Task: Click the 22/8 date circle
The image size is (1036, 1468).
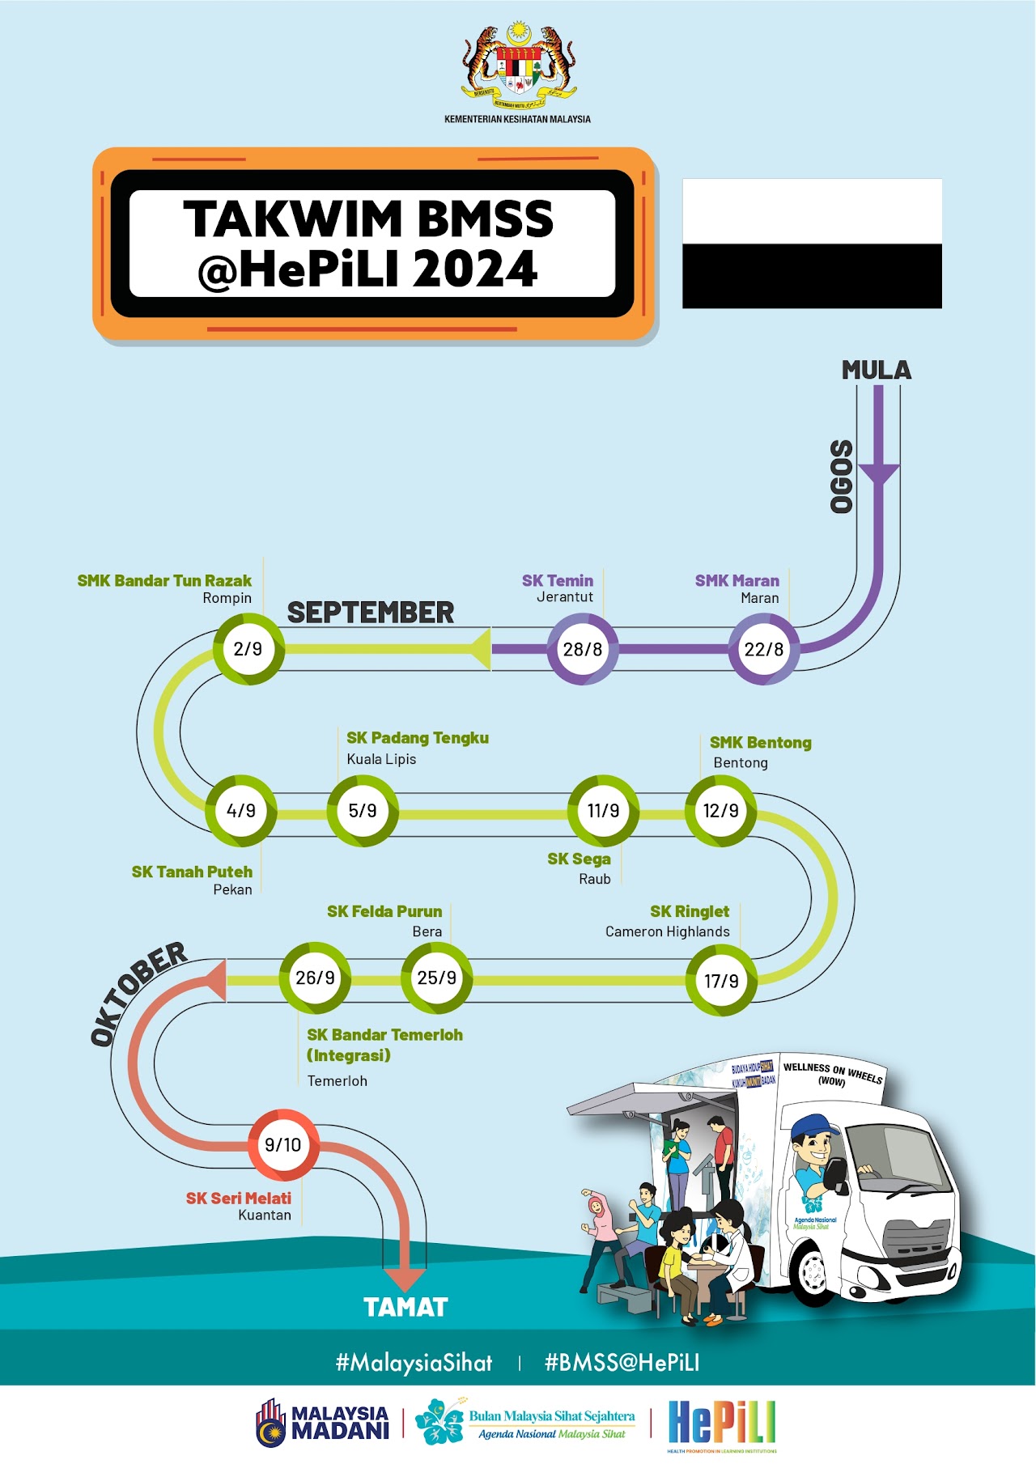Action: (764, 649)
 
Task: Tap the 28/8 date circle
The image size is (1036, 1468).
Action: (583, 649)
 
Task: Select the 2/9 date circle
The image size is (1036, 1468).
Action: (248, 649)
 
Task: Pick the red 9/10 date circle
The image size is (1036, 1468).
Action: (283, 1144)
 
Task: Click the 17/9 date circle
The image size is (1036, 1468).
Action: (721, 981)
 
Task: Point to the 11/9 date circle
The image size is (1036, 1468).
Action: (604, 811)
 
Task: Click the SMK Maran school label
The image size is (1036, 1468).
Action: (737, 580)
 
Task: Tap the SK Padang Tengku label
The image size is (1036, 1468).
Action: (418, 738)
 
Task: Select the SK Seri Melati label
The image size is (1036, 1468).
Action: (239, 1198)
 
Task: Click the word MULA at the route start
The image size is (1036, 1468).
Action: (877, 371)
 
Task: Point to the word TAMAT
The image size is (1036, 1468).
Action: (405, 1308)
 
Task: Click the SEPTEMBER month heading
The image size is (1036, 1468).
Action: (371, 613)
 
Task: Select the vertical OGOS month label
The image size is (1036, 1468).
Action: (843, 477)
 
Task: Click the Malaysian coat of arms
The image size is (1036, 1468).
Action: (518, 69)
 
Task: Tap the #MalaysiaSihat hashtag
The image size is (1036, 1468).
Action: (414, 1363)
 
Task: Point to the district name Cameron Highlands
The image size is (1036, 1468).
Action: (668, 931)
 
